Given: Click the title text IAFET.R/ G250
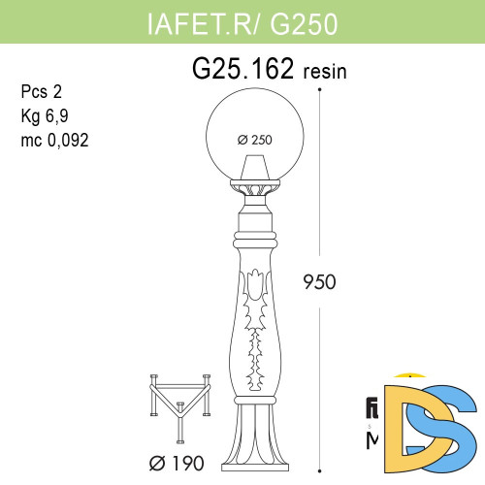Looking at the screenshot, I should pos(242,24).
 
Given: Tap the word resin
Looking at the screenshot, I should pos(326,72).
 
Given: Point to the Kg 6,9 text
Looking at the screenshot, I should pos(45,115).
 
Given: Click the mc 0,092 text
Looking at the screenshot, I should pos(54,139).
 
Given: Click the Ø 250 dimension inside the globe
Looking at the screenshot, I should pos(254,139).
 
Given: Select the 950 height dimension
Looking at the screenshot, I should pos(319,282).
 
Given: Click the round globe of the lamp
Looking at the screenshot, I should pos(254,121).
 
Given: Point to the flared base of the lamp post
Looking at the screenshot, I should pos(254,442).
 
